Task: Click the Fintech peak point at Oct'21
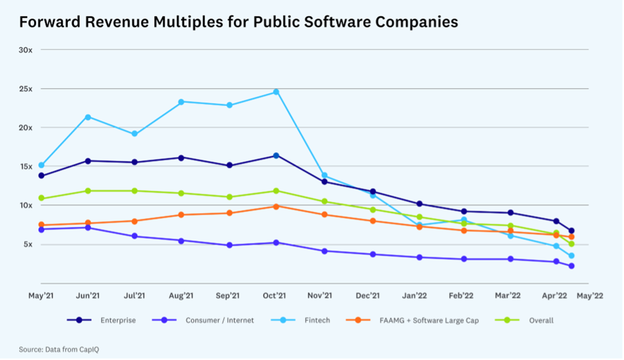pyautogui.click(x=276, y=92)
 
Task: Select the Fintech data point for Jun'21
pyautogui.click(x=88, y=117)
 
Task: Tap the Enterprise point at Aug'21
pyautogui.click(x=182, y=158)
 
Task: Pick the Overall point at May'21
pyautogui.click(x=42, y=198)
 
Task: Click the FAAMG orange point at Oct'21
pyautogui.click(x=276, y=207)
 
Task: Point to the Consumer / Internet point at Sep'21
pyautogui.click(x=229, y=245)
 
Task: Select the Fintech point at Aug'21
pyautogui.click(x=182, y=102)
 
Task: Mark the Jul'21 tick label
pyautogui.click(x=135, y=295)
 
